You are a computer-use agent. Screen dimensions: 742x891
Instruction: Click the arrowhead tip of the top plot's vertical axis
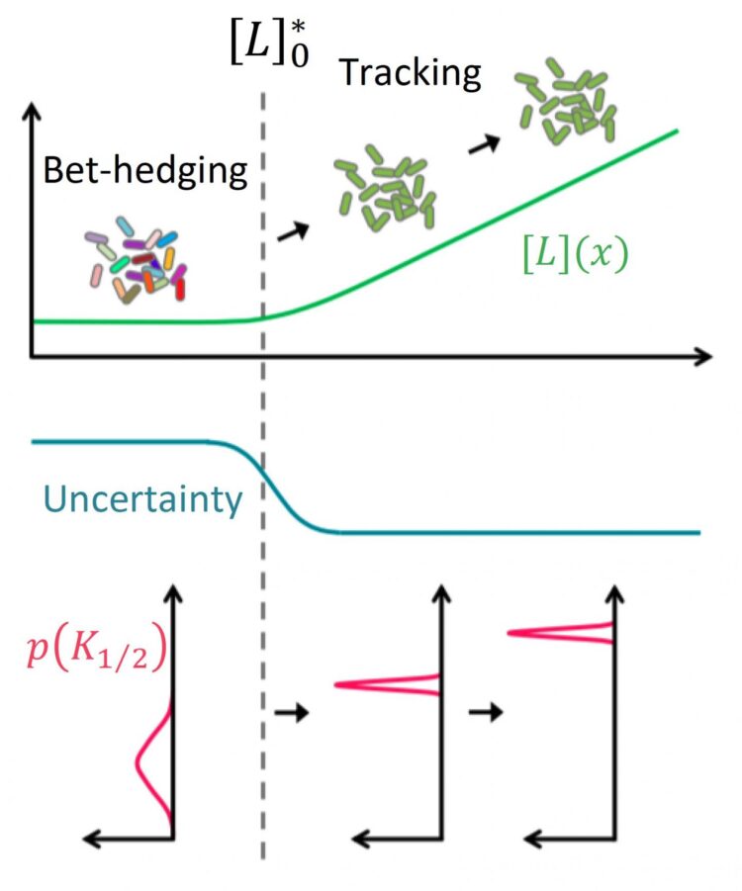[x=32, y=103]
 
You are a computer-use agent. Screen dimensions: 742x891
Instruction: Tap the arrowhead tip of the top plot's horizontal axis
[x=711, y=357]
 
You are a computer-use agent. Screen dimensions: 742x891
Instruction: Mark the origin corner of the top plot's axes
[x=32, y=357]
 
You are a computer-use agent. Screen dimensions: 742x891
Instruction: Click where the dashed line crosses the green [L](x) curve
[x=263, y=318]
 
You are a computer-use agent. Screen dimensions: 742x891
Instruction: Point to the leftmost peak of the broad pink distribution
[x=137, y=761]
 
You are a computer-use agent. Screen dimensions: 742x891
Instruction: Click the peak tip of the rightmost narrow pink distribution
[x=508, y=633]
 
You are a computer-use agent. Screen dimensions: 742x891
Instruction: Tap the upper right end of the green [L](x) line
[x=678, y=131]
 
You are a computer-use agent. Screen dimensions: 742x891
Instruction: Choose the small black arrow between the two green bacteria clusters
[x=484, y=144]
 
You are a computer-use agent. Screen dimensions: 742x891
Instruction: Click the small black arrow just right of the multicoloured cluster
[x=293, y=231]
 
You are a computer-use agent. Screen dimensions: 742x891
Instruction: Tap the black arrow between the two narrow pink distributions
[x=486, y=711]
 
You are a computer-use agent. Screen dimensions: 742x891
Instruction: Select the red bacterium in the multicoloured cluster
[x=180, y=289]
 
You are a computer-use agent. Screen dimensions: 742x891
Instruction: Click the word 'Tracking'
[x=410, y=73]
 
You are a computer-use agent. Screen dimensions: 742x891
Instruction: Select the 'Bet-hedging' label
[x=145, y=170]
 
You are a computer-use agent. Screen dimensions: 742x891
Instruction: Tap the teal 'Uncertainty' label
[x=142, y=499]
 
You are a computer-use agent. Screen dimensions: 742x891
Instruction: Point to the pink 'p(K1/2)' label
[x=96, y=652]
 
